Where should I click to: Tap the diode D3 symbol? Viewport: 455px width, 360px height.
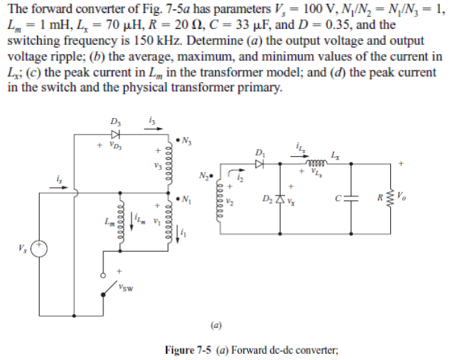(x=115, y=132)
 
